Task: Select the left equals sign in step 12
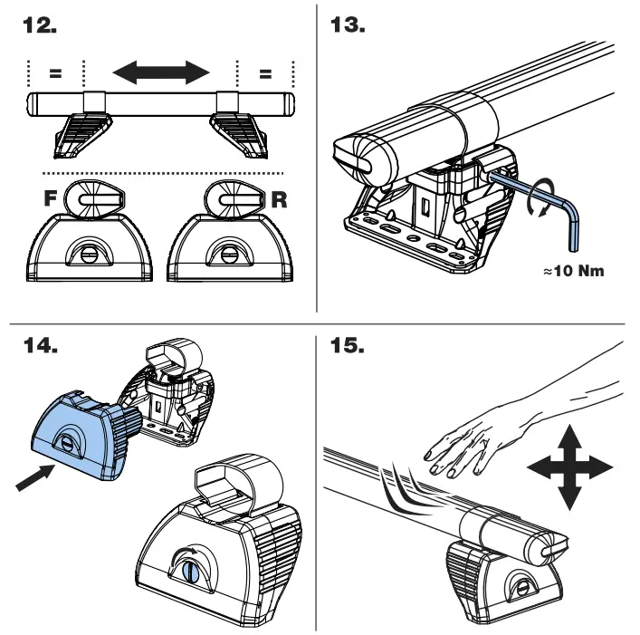click(55, 72)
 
